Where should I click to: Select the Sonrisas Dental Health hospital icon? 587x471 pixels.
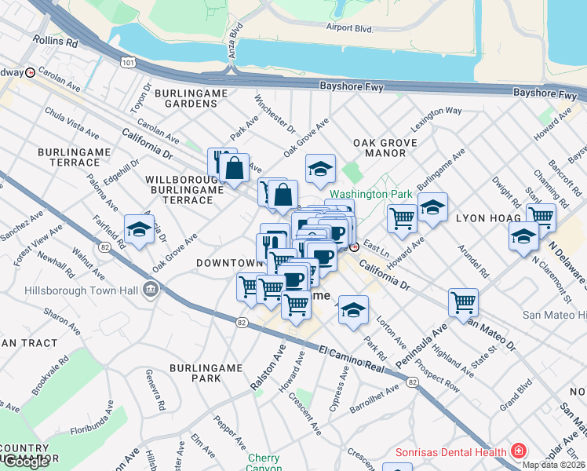click(x=518, y=451)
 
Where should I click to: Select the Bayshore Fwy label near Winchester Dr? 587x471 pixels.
click(x=351, y=87)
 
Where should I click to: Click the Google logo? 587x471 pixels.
click(x=27, y=462)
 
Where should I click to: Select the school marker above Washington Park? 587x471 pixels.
click(x=320, y=169)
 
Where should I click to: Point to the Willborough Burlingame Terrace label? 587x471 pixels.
click(x=180, y=190)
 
